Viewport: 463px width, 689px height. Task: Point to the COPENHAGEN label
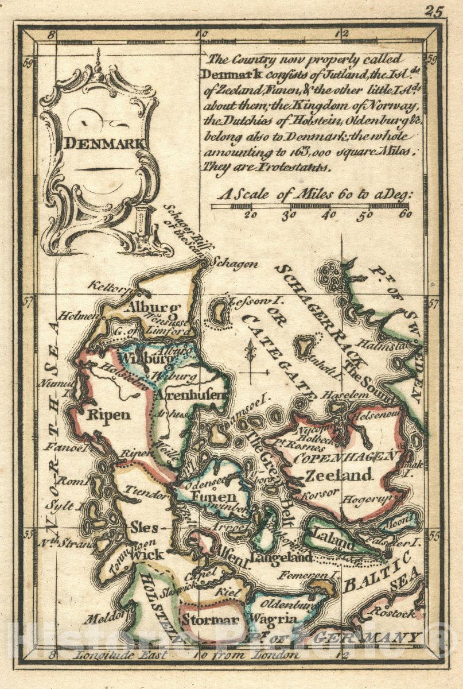point(345,458)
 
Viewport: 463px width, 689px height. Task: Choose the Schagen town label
point(232,264)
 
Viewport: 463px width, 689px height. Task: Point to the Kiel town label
point(227,590)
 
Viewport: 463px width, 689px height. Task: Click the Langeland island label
point(281,558)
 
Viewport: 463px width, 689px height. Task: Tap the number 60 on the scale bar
point(405,215)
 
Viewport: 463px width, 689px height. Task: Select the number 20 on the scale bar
point(250,215)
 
